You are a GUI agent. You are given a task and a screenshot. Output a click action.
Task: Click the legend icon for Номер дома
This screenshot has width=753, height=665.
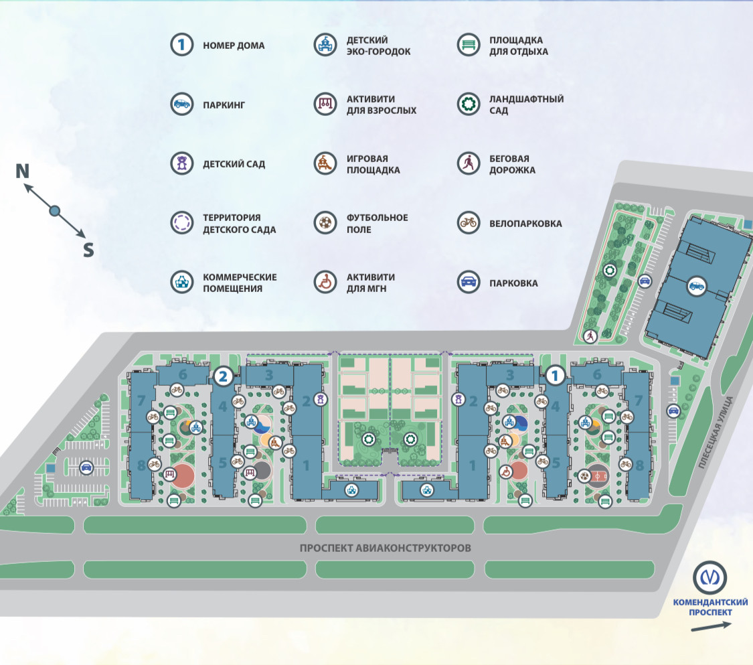coord(181,46)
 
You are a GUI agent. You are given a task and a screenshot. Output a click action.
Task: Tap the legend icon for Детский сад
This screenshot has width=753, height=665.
coord(181,163)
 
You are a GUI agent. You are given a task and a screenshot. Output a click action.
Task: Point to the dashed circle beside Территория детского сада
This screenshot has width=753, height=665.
coord(181,223)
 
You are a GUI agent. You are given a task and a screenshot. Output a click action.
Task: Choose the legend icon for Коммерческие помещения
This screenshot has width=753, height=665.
coord(181,283)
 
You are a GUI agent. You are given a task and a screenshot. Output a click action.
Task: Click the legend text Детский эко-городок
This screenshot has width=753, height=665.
coord(378,46)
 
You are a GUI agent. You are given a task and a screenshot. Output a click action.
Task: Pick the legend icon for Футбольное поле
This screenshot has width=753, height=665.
coord(325,223)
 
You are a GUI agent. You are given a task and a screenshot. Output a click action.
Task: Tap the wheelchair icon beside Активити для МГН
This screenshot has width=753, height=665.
coord(325,283)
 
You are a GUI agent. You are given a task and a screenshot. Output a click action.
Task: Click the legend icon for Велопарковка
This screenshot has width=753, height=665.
coord(469,223)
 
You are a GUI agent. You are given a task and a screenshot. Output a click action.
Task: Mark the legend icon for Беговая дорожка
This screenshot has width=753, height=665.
coord(469,163)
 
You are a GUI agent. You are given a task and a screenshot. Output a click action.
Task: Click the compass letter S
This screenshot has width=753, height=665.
coord(88,250)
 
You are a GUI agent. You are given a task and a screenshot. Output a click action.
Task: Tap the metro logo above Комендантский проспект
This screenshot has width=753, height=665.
coord(710,577)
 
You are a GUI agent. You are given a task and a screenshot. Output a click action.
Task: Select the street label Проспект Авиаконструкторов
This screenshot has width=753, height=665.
coord(386,548)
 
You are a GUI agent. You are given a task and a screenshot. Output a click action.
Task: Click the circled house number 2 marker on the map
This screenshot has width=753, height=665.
coord(224,376)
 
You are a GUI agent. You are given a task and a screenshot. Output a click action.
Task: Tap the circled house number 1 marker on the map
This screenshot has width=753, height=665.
coord(554,376)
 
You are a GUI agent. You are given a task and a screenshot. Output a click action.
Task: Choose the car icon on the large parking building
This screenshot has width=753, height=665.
coord(696,286)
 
